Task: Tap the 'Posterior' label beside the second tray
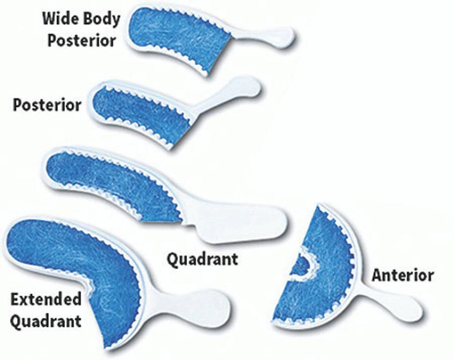[47, 104]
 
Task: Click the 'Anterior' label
[403, 276]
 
